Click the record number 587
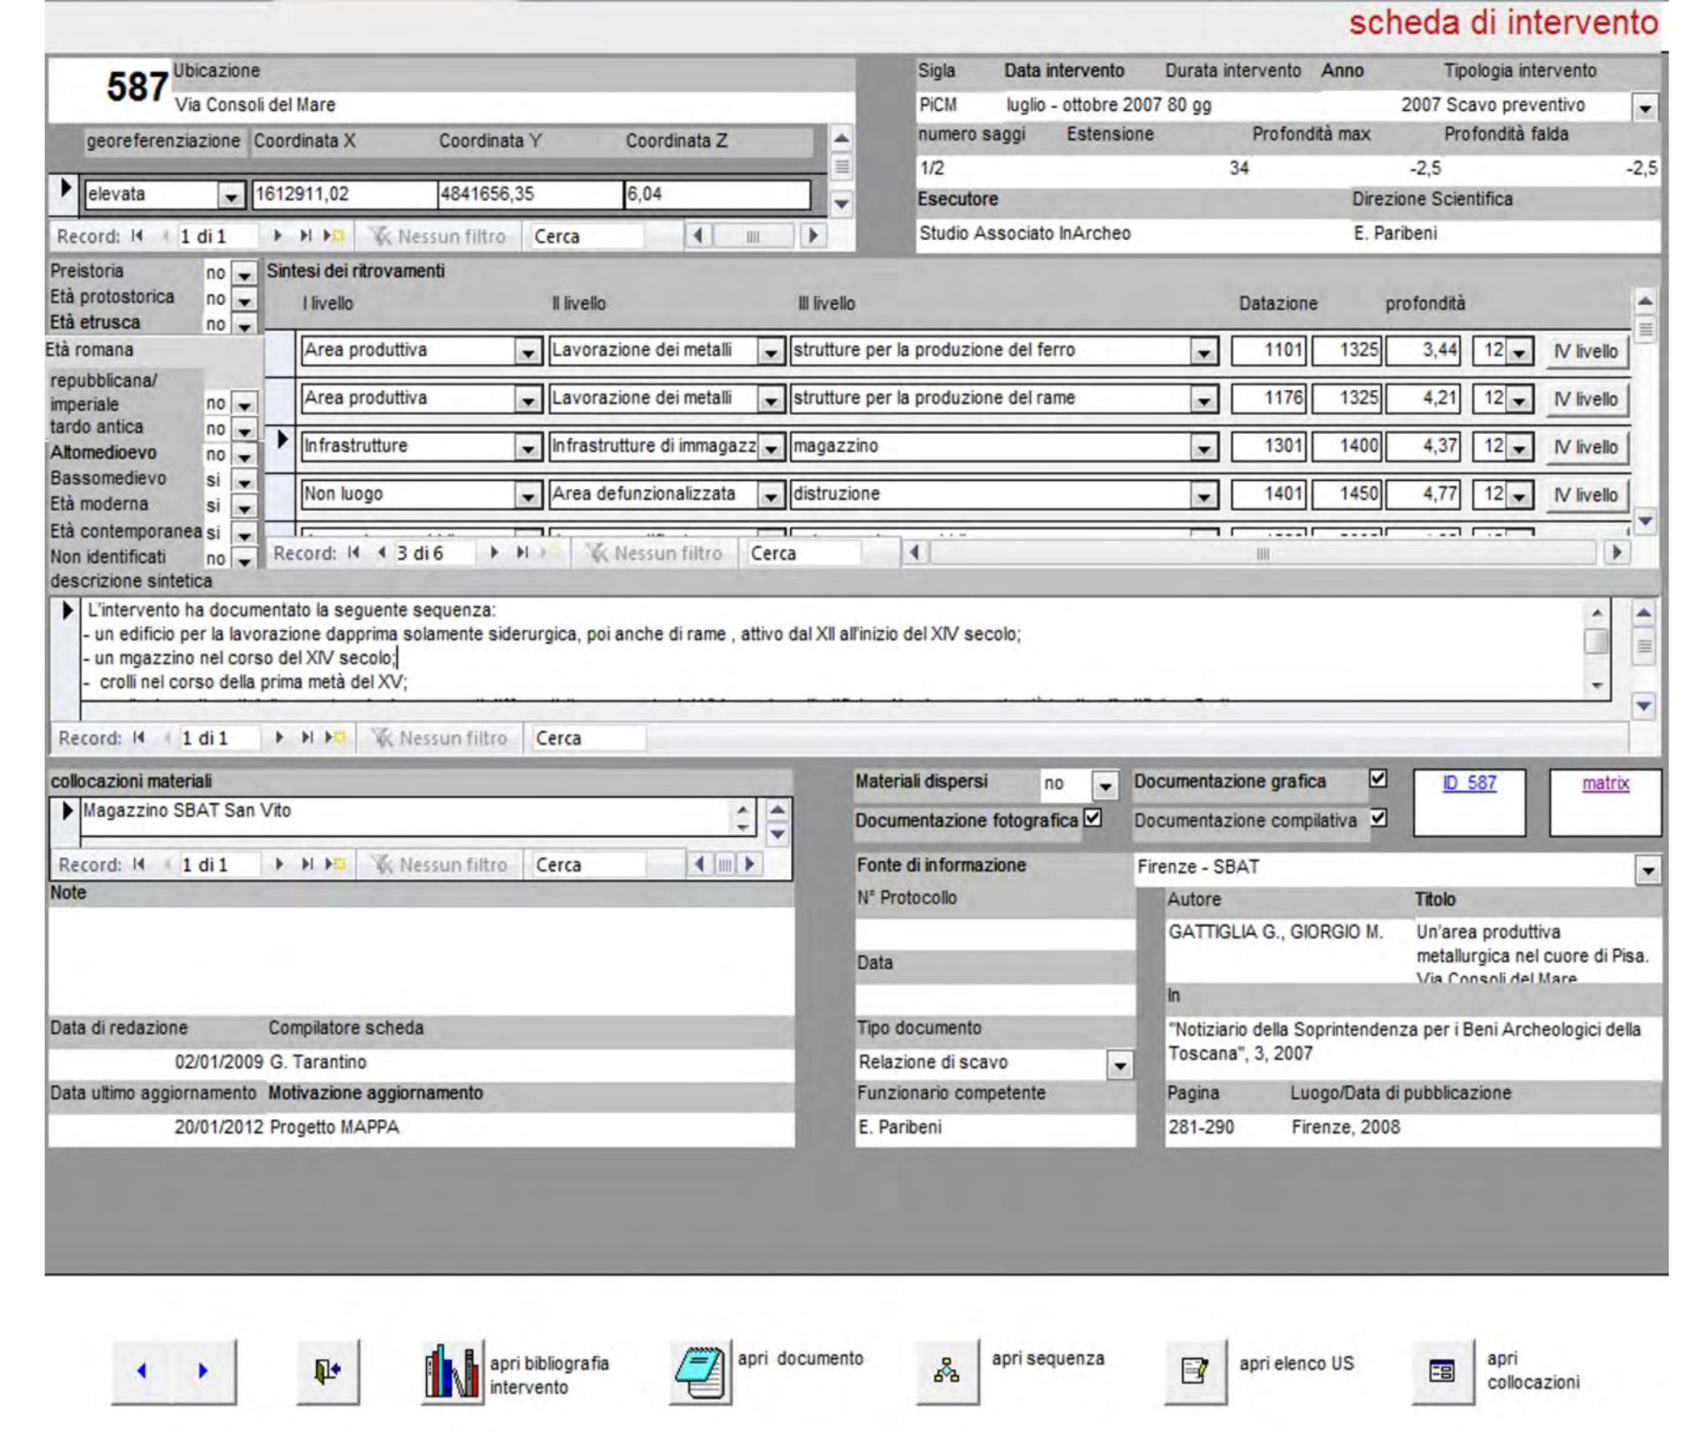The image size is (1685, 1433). tap(137, 88)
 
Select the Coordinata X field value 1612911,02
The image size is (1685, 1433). tap(343, 194)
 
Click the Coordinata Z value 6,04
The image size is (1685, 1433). tap(716, 194)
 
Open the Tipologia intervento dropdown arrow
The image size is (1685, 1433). tap(1645, 108)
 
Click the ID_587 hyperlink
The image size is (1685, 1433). tap(1468, 783)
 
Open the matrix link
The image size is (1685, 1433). tap(1605, 783)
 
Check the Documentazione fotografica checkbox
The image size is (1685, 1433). tap(1093, 818)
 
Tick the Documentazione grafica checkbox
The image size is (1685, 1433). tap(1377, 780)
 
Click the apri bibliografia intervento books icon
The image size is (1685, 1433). tap(451, 1372)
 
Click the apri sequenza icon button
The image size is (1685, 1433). tap(947, 1371)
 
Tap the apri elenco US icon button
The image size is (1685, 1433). tap(1195, 1371)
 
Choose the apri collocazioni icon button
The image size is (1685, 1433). tap(1442, 1371)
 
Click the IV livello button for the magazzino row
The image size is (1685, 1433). tap(1585, 447)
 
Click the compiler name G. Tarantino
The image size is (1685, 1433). tap(318, 1062)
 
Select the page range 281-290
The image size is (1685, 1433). tap(1202, 1127)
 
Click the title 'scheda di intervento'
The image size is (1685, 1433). tap(1503, 23)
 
